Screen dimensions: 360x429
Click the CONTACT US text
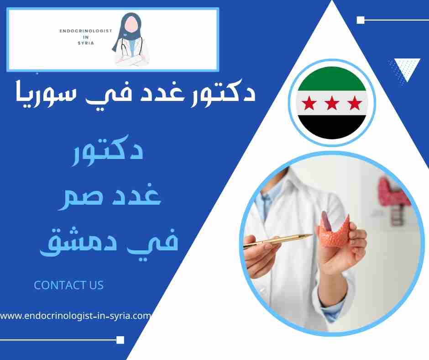[69, 285]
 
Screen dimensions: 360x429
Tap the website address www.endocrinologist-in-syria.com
[75, 315]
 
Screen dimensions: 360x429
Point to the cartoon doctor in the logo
[131, 39]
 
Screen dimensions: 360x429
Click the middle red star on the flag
[332, 104]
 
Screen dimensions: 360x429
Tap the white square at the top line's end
[360, 20]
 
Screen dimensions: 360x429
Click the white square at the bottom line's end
[120, 339]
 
